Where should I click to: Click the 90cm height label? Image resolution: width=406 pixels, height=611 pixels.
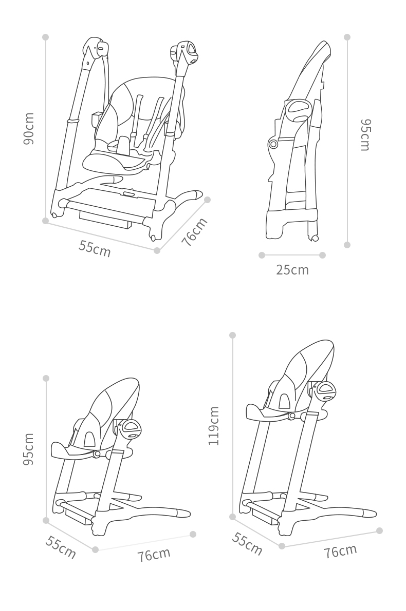click(x=29, y=129)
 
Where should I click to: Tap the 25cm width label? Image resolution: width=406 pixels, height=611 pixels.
click(x=292, y=270)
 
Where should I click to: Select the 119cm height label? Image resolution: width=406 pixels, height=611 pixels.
click(x=214, y=425)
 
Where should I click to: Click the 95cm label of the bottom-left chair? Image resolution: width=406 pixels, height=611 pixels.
click(x=29, y=449)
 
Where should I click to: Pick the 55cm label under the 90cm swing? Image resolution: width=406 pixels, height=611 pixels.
click(x=95, y=248)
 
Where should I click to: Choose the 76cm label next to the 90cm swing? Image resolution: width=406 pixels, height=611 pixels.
click(x=194, y=232)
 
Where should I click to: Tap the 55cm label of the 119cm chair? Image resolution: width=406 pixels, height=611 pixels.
click(x=247, y=543)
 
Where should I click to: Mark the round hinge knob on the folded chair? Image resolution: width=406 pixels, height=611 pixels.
click(x=273, y=144)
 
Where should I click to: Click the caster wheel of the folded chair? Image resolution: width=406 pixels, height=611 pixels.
click(x=313, y=238)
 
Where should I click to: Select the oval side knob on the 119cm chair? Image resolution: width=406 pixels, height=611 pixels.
click(x=326, y=391)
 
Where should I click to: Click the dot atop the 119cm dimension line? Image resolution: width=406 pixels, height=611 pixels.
click(x=233, y=335)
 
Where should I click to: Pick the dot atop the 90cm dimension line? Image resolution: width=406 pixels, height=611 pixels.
click(x=46, y=37)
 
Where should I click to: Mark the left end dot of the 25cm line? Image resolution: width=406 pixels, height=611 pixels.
click(x=262, y=255)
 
